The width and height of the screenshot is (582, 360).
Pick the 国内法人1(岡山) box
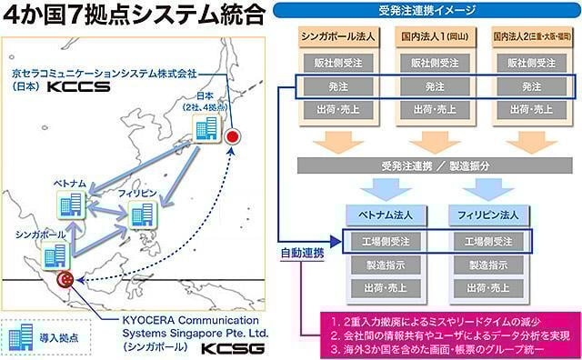pos(435,39)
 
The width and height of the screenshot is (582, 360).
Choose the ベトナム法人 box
pos(383,217)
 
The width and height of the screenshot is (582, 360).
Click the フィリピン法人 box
pos(486,217)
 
